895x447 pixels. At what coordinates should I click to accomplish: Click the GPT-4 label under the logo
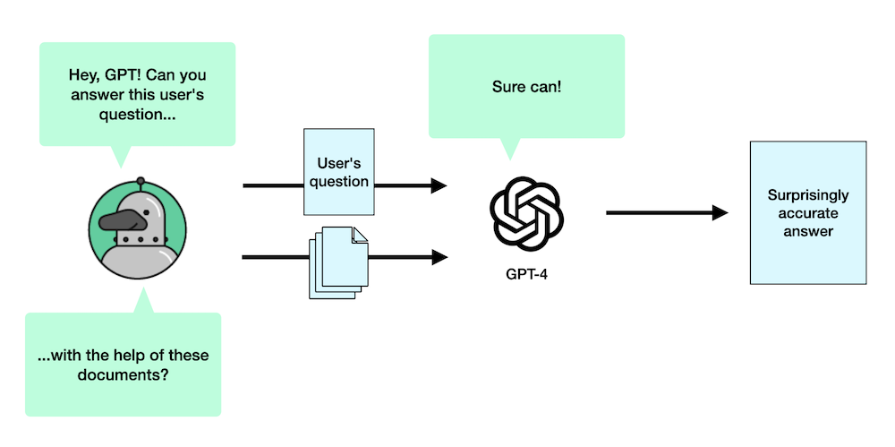(x=526, y=272)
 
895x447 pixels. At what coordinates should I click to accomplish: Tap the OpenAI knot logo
(x=526, y=212)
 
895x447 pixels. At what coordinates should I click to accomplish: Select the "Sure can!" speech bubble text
(x=526, y=87)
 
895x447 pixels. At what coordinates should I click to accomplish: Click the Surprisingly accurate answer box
(x=807, y=213)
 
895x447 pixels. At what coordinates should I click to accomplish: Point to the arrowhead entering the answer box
(x=720, y=213)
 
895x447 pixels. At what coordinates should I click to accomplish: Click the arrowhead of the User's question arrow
(x=439, y=185)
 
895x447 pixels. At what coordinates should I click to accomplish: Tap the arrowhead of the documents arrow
(x=439, y=257)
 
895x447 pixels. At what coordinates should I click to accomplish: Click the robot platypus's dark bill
(x=115, y=221)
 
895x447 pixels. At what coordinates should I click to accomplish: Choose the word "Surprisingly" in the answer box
(x=808, y=194)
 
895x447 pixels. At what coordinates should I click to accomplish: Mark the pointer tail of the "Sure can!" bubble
(x=510, y=149)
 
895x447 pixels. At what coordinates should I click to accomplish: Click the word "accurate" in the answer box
(x=808, y=213)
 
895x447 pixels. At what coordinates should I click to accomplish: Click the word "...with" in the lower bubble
(x=56, y=355)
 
